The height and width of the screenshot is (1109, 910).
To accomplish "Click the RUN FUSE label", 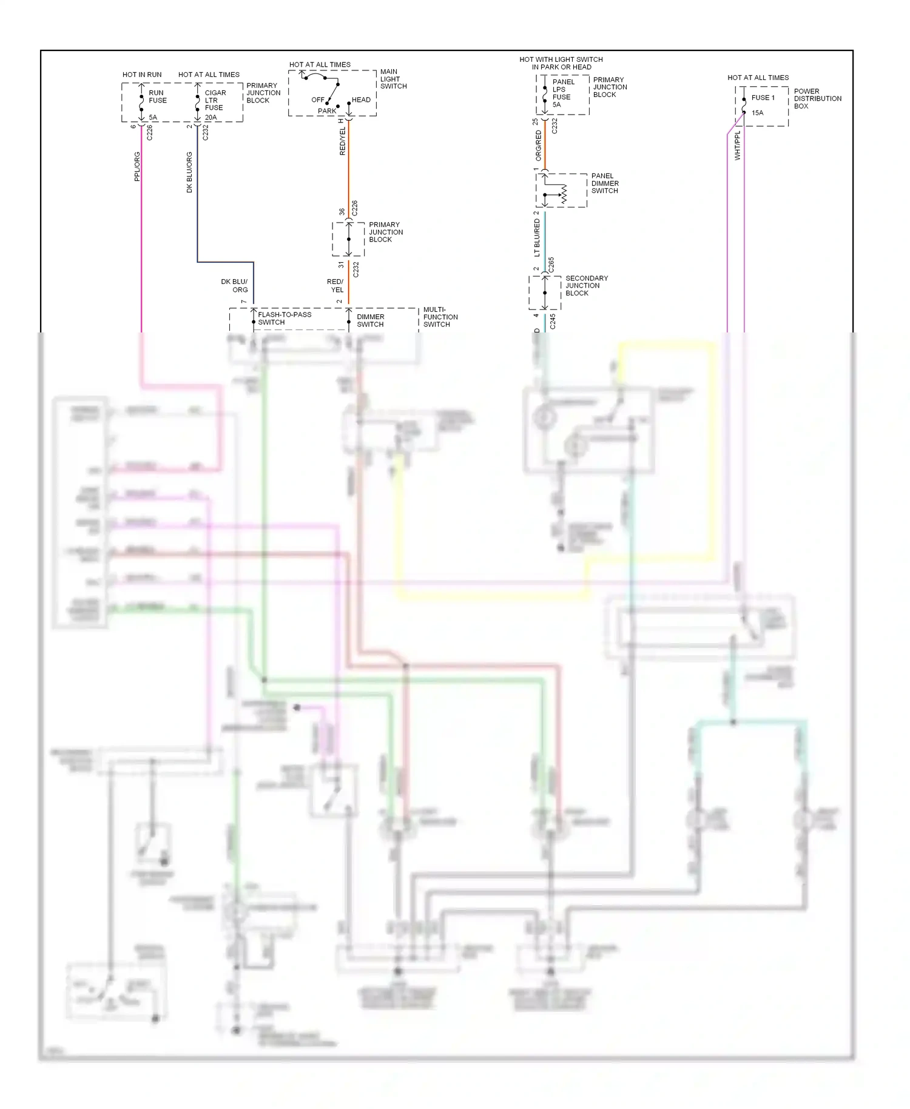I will coord(157,96).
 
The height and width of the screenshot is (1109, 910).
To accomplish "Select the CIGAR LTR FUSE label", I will coord(215,100).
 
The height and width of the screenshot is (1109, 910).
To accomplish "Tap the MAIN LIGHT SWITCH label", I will coord(393,79).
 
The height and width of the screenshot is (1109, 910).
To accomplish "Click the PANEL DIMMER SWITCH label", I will coord(605,183).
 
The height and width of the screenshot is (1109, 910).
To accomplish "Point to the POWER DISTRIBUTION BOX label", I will coord(817,98).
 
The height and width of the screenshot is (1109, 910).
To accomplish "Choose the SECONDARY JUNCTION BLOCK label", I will coord(586,286).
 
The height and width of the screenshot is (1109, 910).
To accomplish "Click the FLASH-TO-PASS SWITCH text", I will coord(284,319).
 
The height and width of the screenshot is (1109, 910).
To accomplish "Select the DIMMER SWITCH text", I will coord(370,320).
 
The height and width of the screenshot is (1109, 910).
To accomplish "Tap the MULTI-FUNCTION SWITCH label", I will coord(440,317).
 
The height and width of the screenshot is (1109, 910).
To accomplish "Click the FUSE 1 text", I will coord(763,98).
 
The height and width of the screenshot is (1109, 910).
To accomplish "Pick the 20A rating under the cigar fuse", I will coord(211,118).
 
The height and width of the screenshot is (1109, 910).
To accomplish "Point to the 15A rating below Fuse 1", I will coord(757,113).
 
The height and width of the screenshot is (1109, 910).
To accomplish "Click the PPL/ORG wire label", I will coord(137,166).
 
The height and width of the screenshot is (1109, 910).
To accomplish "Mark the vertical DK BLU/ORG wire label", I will coord(189,172).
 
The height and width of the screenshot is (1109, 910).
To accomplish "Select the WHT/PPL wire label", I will coord(738,146).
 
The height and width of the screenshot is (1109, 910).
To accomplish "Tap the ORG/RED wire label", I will coord(538,146).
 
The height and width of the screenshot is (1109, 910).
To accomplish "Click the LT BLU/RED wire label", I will coord(537,238).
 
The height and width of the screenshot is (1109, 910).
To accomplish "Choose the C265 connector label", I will coord(551,265).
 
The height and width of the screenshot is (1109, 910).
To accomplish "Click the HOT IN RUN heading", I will coord(142,75).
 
